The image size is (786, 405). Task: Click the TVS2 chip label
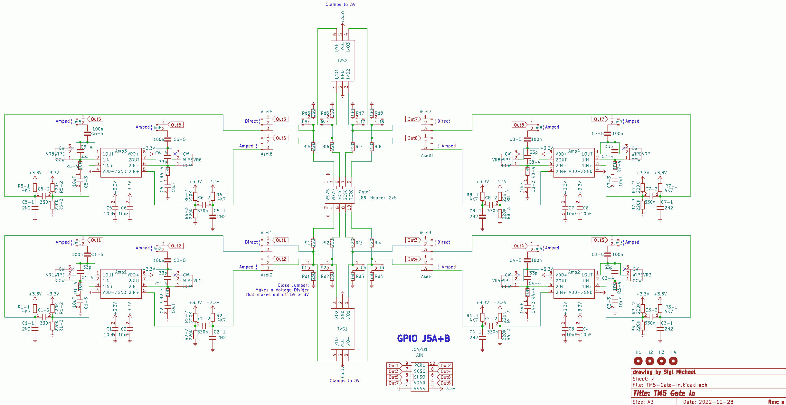342,61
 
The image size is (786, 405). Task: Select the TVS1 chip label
342,329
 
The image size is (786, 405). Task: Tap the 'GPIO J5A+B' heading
423,338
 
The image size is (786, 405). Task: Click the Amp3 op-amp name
121,151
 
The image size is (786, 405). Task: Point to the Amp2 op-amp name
573,272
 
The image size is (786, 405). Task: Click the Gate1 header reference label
365,192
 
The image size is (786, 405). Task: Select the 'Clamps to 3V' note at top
340,5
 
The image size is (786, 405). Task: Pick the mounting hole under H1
638,361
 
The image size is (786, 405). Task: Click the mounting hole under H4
673,361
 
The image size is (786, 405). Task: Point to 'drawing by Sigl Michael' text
664,372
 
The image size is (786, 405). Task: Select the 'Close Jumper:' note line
293,285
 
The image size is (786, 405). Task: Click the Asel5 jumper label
266,112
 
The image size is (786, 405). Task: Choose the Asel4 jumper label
427,276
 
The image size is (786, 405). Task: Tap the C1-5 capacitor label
97,255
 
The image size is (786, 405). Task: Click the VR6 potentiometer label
197,160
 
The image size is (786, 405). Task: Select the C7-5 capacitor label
597,133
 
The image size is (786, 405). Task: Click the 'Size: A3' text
643,402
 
